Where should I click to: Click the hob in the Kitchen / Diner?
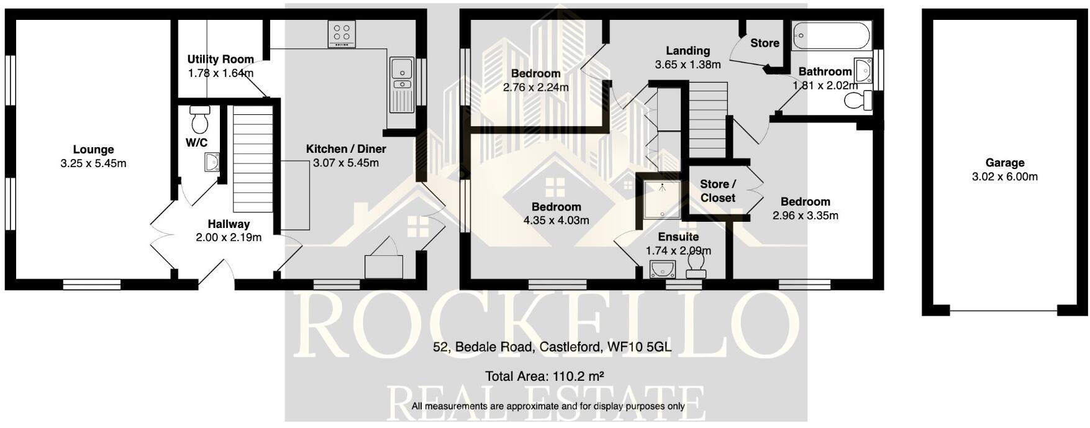pyautogui.click(x=342, y=34)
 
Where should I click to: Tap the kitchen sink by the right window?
pyautogui.click(x=401, y=75)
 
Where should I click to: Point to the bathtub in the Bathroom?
pyautogui.click(x=832, y=36)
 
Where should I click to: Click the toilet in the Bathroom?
pyautogui.click(x=859, y=101)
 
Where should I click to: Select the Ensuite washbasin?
pyautogui.click(x=663, y=269)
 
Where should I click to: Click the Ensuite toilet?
pyautogui.click(x=696, y=268)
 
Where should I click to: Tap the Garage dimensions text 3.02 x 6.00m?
pyautogui.click(x=1004, y=176)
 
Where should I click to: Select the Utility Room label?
pyautogui.click(x=220, y=60)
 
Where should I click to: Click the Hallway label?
pyautogui.click(x=229, y=224)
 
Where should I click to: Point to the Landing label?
pyautogui.click(x=688, y=51)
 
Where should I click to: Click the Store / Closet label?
pyautogui.click(x=717, y=191)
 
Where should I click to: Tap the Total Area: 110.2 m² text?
pyautogui.click(x=545, y=376)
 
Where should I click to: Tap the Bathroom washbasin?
pyautogui.click(x=863, y=70)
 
